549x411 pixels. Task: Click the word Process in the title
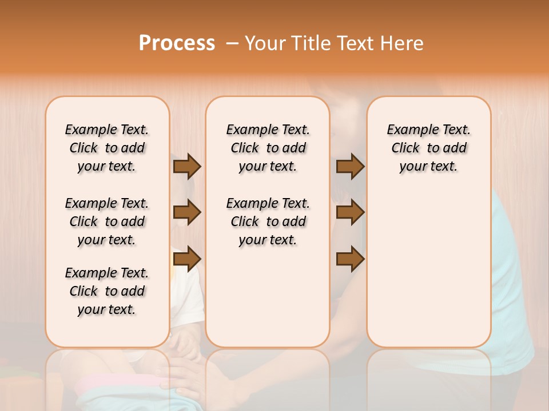177,43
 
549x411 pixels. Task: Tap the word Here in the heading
403,43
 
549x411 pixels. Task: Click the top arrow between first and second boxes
187,166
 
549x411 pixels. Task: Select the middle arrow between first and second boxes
187,212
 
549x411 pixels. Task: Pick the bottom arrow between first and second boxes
187,259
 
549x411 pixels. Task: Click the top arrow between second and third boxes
350,166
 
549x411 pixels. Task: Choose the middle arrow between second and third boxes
350,212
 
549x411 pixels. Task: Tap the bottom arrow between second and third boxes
350,259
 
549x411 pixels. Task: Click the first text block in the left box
107,148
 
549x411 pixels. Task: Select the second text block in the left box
107,221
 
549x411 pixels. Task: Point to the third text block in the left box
107,291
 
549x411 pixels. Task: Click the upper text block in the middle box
268,148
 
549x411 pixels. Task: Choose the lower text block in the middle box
268,221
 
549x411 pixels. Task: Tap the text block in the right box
428,148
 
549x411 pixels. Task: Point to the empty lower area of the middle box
268,297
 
